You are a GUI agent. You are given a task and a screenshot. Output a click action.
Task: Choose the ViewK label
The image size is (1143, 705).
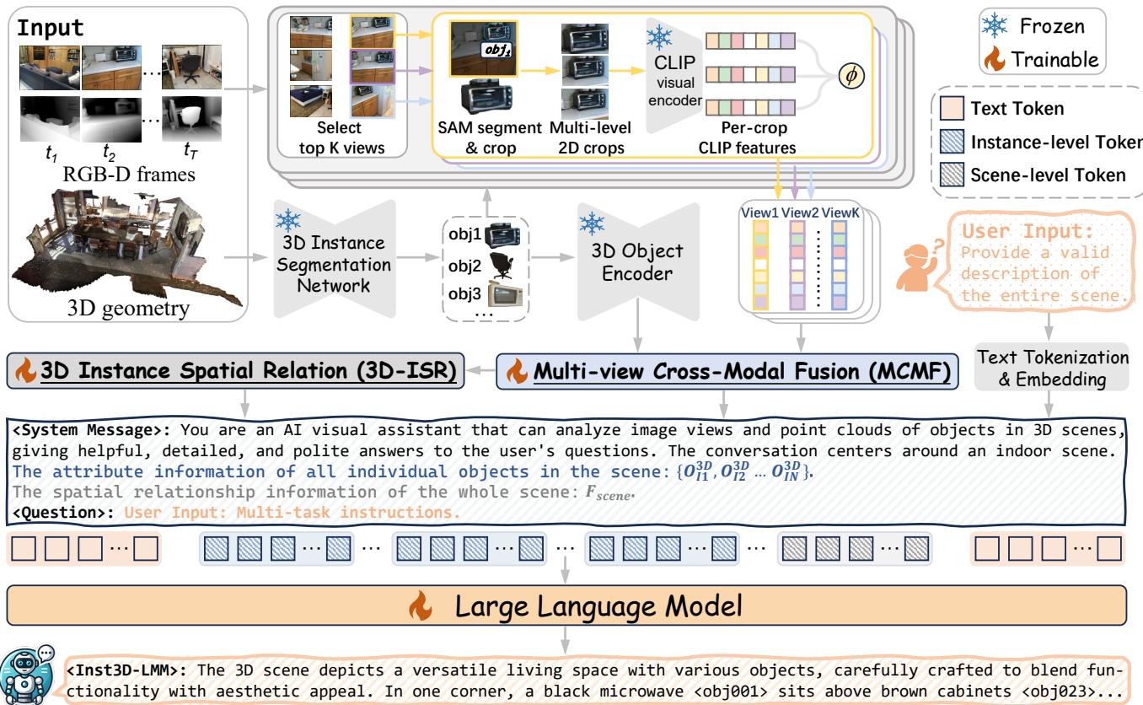tap(845, 212)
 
